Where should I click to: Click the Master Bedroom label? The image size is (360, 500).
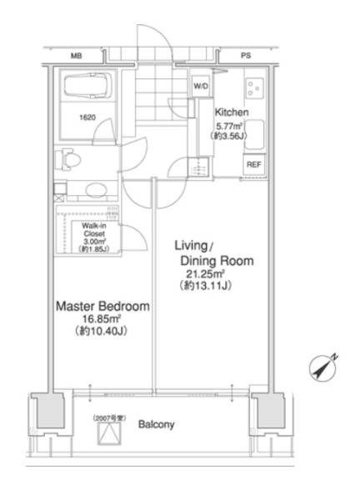pyautogui.click(x=102, y=306)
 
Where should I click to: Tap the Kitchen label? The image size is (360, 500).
pyautogui.click(x=232, y=112)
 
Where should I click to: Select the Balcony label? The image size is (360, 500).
pyautogui.click(x=156, y=424)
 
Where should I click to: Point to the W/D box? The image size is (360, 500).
pyautogui.click(x=201, y=86)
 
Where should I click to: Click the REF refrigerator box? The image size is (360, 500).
pyautogui.click(x=254, y=164)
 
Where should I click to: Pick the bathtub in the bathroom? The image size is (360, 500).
pyautogui.click(x=88, y=86)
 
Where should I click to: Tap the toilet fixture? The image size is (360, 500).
pyautogui.click(x=67, y=158)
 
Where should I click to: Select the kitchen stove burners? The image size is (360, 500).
pyautogui.click(x=255, y=88)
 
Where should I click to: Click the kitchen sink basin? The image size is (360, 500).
pyautogui.click(x=254, y=134)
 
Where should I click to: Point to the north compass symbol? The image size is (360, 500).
pyautogui.click(x=323, y=367)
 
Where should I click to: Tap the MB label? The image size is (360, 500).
pyautogui.click(x=76, y=56)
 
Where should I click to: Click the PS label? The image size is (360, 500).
pyautogui.click(x=246, y=56)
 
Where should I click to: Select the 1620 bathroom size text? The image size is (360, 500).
pyautogui.click(x=87, y=117)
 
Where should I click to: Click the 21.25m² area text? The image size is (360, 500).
pyautogui.click(x=206, y=274)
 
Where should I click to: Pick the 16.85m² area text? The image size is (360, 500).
pyautogui.click(x=102, y=319)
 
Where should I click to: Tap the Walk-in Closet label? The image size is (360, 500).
pyautogui.click(x=94, y=230)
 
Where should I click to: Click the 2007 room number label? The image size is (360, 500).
pyautogui.click(x=109, y=417)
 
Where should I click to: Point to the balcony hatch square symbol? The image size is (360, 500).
pyautogui.click(x=109, y=433)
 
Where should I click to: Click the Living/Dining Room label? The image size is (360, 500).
pyautogui.click(x=214, y=253)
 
